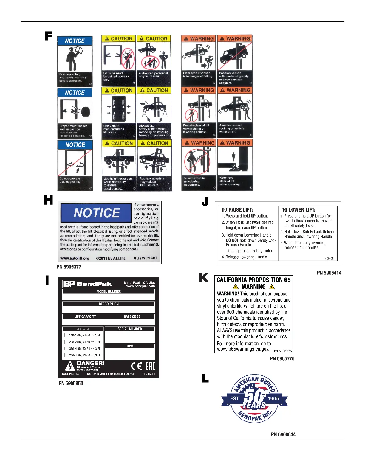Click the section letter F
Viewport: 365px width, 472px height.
49,36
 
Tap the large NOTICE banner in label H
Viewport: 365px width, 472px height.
96,213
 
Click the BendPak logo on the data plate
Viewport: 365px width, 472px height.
88,284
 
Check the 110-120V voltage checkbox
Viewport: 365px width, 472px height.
66,335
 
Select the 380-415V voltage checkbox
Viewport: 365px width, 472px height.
66,348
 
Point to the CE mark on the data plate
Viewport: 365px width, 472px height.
136,366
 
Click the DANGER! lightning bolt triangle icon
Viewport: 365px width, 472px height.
70,366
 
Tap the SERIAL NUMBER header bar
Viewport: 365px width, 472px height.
130,329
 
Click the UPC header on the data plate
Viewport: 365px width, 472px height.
130,346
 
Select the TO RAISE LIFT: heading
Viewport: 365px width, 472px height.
237,210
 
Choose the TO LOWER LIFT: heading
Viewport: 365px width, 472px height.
299,210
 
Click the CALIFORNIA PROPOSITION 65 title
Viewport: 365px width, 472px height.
253,280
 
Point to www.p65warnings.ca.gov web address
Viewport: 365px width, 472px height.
243,349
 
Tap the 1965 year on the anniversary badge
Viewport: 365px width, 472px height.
273,399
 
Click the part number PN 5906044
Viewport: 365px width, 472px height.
283,434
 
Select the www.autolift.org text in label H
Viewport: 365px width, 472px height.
75,258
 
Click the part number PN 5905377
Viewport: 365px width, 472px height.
69,267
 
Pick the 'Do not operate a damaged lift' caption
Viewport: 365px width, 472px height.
70,180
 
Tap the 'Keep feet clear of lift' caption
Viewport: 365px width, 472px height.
230,181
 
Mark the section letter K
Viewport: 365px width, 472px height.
204,278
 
